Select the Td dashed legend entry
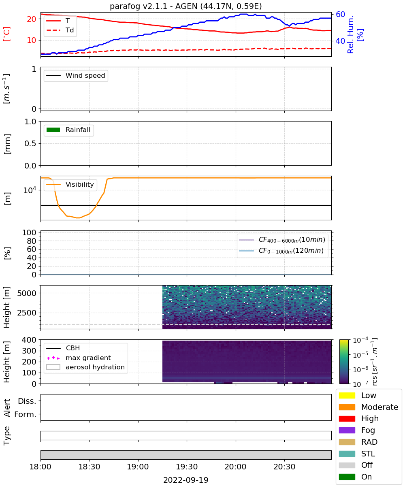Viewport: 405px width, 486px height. click(x=60, y=30)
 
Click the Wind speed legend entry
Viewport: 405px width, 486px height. click(x=76, y=75)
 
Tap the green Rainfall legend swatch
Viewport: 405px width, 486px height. click(x=53, y=130)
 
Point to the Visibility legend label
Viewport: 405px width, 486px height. click(x=80, y=184)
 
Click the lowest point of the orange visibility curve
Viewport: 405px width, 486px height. click(x=79, y=218)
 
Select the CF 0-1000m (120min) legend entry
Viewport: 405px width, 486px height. click(x=281, y=251)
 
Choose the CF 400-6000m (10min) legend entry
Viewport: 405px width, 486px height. click(x=282, y=240)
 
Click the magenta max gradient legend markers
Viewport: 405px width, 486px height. click(x=53, y=358)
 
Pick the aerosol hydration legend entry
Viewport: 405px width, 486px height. click(x=85, y=367)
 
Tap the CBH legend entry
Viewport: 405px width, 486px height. click(x=63, y=348)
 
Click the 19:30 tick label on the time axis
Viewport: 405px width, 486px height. click(x=187, y=467)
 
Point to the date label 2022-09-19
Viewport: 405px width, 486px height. click(x=186, y=480)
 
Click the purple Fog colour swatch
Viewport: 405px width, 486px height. click(x=347, y=430)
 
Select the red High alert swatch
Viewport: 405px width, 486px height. click(x=347, y=418)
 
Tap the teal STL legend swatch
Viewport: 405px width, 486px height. click(x=347, y=454)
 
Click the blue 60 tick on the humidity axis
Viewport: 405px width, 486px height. click(x=340, y=15)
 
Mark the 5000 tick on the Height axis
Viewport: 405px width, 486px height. click(x=27, y=293)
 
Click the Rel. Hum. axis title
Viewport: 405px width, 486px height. click(x=351, y=34)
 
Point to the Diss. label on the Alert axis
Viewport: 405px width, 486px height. click(x=27, y=401)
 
